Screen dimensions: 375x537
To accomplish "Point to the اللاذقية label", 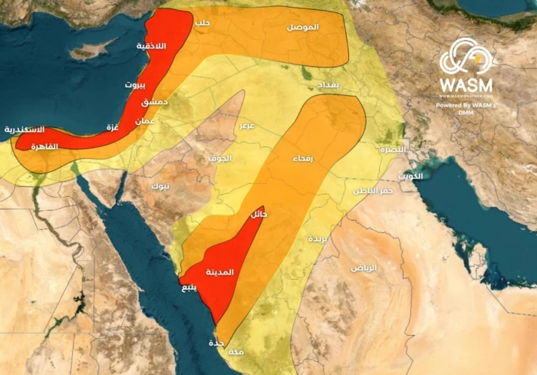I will pyautogui.click(x=152, y=47).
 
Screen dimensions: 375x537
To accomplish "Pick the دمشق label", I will pyautogui.click(x=156, y=101).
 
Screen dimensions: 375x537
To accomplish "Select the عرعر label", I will pyautogui.click(x=247, y=124).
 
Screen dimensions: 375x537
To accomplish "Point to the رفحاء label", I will pyautogui.click(x=301, y=159).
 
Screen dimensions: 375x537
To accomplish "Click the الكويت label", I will pyautogui.click(x=412, y=176).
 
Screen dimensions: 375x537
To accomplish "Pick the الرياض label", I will pyautogui.click(x=364, y=268).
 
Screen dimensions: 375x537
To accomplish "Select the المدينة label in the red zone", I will pyautogui.click(x=222, y=272).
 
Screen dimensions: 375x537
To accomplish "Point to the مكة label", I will pyautogui.click(x=237, y=351).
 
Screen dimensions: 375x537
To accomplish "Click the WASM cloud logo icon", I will pyautogui.click(x=465, y=56).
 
